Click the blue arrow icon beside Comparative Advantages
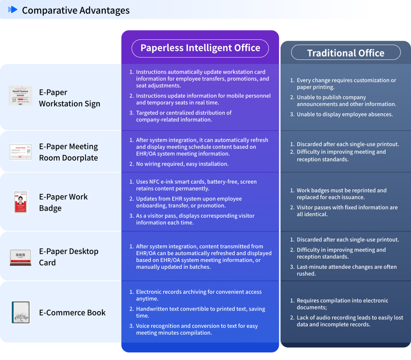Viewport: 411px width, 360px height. (x=13, y=10)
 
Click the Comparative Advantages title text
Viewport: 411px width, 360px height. (x=75, y=10)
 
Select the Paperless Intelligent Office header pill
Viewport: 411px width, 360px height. (x=200, y=48)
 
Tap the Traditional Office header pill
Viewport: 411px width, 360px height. (x=346, y=53)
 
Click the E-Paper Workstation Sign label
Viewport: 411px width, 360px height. (x=69, y=98)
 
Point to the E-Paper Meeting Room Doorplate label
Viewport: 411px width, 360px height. (x=68, y=152)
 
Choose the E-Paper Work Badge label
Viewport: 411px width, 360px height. (x=63, y=202)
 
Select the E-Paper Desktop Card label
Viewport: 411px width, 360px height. (x=68, y=257)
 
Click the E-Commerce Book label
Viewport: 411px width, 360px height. (x=72, y=313)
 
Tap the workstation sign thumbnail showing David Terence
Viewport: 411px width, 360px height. (x=20, y=96)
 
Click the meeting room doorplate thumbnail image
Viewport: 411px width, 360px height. (x=20, y=152)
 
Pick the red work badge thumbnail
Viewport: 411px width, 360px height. (x=20, y=202)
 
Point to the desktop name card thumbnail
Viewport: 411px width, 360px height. (x=20, y=258)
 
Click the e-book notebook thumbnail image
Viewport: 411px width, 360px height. (x=20, y=312)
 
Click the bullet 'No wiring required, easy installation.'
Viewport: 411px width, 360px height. (x=182, y=164)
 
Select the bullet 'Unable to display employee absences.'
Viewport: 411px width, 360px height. (x=344, y=115)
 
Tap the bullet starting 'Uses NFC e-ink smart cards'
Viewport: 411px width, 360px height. (x=196, y=185)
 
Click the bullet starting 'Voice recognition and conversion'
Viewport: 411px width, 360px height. (x=197, y=329)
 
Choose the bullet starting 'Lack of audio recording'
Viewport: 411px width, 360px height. (x=350, y=321)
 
